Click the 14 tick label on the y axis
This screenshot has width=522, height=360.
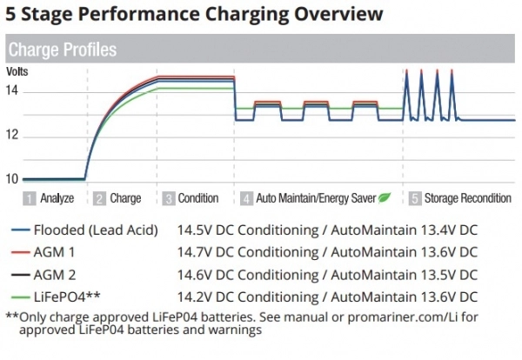[13, 90]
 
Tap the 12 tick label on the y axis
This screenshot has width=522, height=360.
[13, 137]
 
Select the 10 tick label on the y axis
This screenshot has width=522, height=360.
[13, 179]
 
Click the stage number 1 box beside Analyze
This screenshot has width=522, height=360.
[30, 198]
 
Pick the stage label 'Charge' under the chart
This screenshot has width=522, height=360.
[126, 198]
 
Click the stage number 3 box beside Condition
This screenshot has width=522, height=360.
[168, 198]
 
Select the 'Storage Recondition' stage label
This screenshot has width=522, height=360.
[468, 198]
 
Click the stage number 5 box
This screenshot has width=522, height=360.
[415, 198]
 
